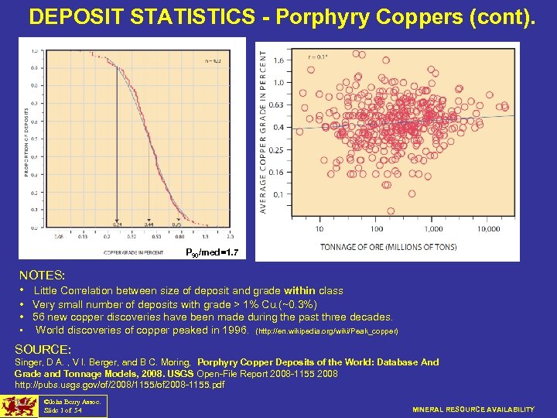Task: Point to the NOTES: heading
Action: [42, 275]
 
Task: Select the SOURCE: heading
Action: [43, 349]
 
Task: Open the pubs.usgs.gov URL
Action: [120, 384]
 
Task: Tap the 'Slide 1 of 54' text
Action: [63, 411]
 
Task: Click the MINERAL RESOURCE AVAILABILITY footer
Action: [473, 409]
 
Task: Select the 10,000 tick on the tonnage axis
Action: [487, 229]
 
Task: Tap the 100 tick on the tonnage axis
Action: [376, 229]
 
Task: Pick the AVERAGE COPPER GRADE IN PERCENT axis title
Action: [264, 127]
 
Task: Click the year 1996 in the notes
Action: [233, 331]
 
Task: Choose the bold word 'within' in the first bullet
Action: [299, 290]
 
